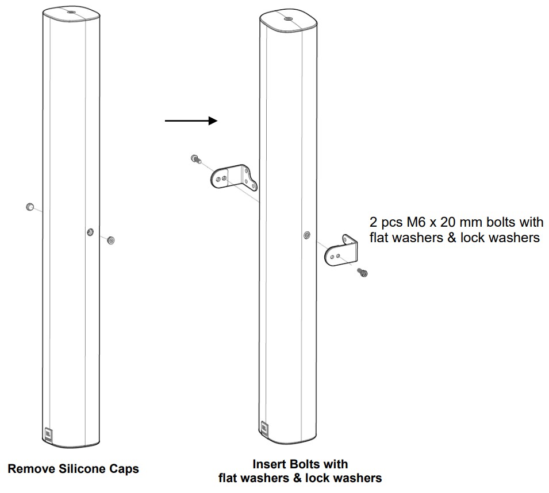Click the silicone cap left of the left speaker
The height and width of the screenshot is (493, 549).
30,207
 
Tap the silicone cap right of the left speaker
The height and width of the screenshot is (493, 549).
110,239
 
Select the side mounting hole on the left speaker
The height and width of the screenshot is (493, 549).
90,232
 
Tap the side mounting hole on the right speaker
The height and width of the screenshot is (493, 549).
306,235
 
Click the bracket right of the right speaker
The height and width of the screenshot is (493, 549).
341,251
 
